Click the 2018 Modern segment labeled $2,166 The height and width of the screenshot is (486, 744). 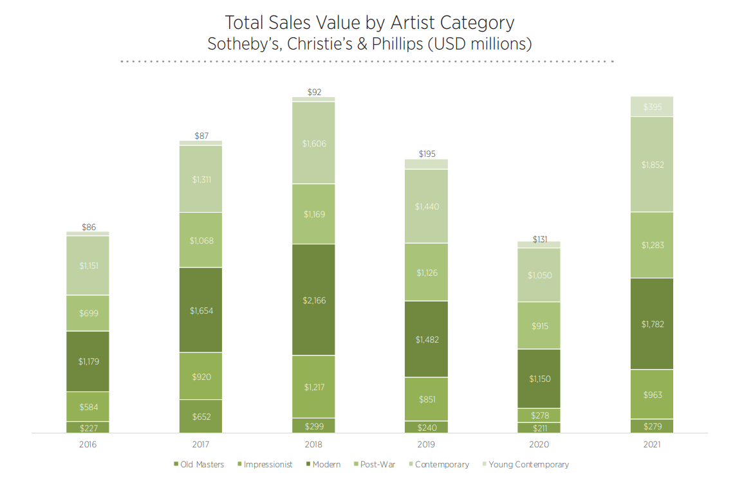[x=313, y=300]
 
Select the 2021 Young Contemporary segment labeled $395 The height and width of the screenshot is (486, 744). [x=652, y=107]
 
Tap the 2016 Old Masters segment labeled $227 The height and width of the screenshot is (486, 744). [x=88, y=428]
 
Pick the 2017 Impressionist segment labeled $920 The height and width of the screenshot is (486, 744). [x=201, y=377]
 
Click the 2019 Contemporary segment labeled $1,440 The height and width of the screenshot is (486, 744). [x=426, y=206]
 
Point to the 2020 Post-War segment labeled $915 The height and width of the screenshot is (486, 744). [x=539, y=326]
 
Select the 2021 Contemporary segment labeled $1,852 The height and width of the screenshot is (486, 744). [x=652, y=165]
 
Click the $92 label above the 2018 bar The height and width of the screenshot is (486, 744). [x=314, y=92]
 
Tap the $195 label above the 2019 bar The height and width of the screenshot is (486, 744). [x=426, y=154]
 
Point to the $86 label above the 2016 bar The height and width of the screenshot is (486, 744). [x=88, y=227]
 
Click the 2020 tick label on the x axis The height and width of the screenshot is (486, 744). [x=539, y=444]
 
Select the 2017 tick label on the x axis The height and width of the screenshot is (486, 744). [x=201, y=444]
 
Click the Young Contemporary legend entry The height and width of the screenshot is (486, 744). [x=528, y=464]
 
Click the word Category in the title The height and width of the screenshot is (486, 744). [x=473, y=22]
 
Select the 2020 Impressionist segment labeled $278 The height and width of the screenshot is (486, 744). [x=539, y=415]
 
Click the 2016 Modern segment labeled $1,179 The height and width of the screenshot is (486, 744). [x=88, y=361]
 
